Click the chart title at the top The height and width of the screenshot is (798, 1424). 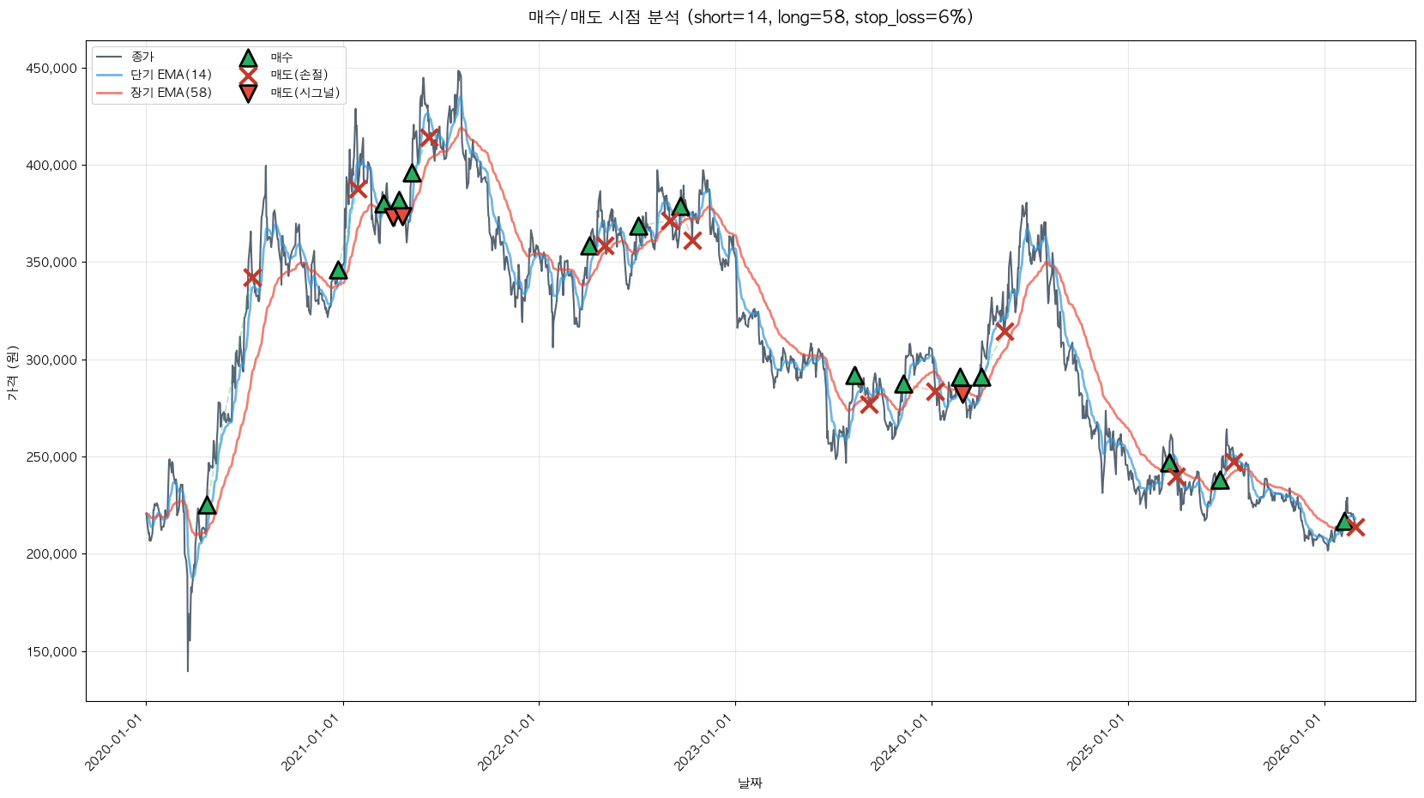750,17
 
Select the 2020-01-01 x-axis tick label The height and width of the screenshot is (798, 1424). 115,743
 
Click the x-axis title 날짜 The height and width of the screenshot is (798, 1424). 750,783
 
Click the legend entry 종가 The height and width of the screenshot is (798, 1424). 142,57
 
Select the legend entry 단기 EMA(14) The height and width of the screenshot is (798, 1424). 171,75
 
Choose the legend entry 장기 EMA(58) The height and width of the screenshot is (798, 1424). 171,93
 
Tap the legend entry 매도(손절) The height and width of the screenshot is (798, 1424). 299,75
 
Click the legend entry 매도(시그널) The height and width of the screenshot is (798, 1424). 305,93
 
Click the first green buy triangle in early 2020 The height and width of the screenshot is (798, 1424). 207,505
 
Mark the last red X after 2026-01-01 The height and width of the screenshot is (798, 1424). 1355,527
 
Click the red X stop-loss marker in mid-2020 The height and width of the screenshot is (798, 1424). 252,277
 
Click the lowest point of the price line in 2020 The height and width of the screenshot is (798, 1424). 188,670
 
